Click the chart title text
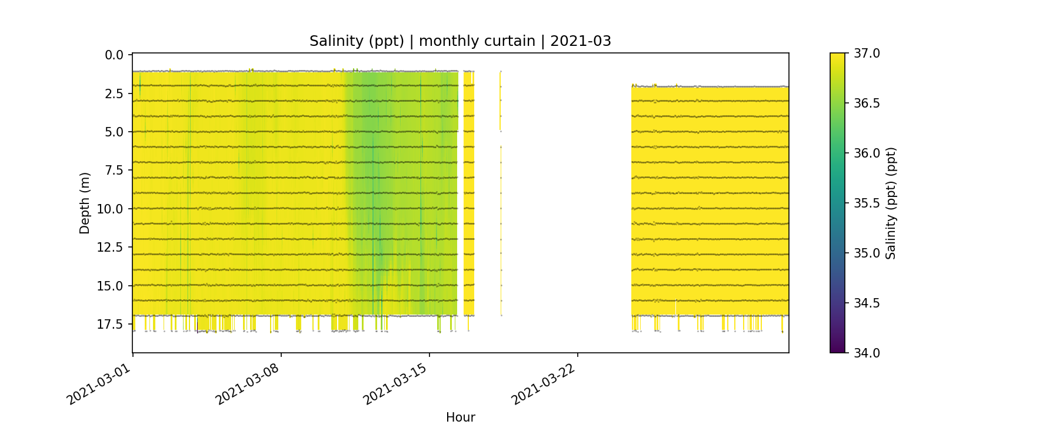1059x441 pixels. tap(460, 41)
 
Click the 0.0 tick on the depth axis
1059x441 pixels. tap(114, 55)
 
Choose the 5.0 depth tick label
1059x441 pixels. tap(114, 132)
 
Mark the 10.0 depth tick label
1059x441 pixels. tap(111, 209)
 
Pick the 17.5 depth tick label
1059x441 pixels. tap(111, 325)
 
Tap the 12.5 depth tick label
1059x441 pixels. tap(111, 248)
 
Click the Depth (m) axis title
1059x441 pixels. tap(85, 203)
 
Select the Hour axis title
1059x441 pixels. tap(460, 417)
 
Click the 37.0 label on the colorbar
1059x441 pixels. tap(867, 54)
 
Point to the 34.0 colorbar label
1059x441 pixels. tap(867, 353)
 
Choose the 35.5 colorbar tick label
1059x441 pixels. tap(867, 203)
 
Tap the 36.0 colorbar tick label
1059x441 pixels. tap(867, 153)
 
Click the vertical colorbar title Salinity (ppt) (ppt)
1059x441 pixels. tap(891, 203)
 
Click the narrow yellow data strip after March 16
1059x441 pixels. tap(468, 194)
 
